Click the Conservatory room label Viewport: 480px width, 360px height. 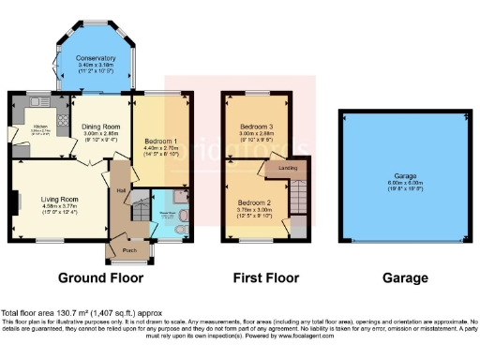tap(97, 58)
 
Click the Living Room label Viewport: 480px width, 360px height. tap(58, 198)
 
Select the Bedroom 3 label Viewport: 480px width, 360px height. tap(254, 126)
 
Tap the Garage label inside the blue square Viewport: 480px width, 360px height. tap(405, 174)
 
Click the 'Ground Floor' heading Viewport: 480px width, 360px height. tap(100, 278)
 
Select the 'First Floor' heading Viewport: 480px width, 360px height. tap(265, 278)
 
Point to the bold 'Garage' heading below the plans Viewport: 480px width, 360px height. tap(405, 278)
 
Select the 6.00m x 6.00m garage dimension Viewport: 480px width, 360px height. tap(405, 182)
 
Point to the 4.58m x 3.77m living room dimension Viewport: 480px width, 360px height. tap(58, 206)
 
